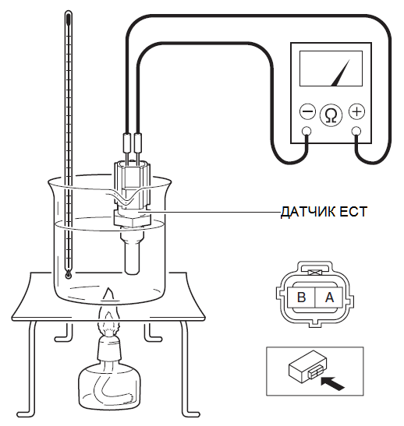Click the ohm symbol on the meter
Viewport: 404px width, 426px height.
(331, 115)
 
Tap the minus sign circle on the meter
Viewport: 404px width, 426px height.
(307, 111)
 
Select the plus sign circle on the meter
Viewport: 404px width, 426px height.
(356, 111)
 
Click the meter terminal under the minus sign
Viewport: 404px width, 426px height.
(307, 131)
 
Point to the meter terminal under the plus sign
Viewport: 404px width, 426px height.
(356, 131)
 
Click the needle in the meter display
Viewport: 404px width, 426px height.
(340, 72)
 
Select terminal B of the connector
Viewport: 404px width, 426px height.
(301, 297)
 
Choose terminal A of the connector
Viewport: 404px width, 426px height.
(328, 297)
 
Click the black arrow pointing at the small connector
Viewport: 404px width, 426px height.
(332, 384)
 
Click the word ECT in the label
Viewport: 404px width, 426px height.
(354, 212)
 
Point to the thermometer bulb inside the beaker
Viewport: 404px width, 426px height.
(68, 275)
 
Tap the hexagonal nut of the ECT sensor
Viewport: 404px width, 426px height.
(133, 220)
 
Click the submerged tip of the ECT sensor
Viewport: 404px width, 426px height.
(133, 257)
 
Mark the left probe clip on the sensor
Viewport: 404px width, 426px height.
(127, 143)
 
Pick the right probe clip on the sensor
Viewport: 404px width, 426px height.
(138, 143)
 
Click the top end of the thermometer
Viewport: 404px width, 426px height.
(68, 12)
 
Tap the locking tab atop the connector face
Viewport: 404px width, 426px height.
(315, 270)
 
